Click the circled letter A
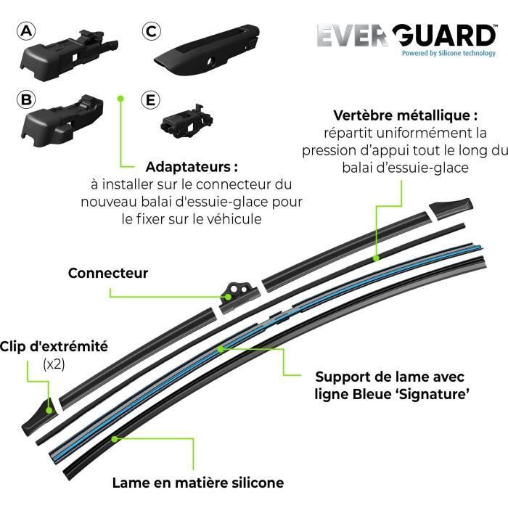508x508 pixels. click(26, 31)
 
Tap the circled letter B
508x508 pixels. click(26, 99)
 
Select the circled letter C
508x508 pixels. click(151, 31)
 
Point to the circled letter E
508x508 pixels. click(151, 100)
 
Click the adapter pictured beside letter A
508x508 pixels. click(69, 54)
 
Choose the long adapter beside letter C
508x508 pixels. click(207, 49)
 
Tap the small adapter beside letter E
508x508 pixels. click(187, 121)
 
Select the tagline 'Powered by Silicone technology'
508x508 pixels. click(448, 54)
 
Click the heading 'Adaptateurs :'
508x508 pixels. click(192, 167)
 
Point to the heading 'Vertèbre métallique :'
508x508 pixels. click(405, 115)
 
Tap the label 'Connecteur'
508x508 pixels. click(108, 273)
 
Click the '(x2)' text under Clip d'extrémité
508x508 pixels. click(54, 364)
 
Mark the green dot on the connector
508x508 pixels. click(229, 297)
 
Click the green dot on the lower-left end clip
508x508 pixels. click(49, 410)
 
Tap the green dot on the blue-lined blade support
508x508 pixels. click(221, 349)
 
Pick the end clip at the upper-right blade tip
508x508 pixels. click(451, 209)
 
